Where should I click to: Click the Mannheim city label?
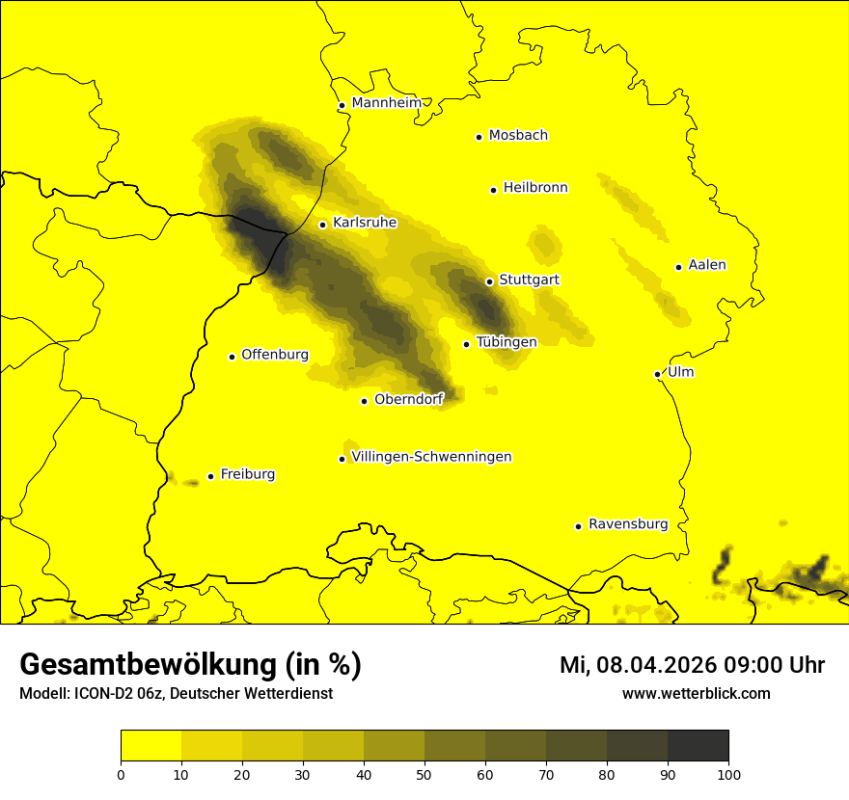(387, 102)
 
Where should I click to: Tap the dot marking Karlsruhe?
(322, 225)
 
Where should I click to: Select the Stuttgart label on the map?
(529, 280)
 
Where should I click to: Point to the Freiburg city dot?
(210, 476)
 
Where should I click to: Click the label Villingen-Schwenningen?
(431, 457)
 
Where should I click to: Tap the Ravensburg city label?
(628, 524)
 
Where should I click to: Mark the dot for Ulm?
(657, 374)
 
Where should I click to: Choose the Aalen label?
(707, 265)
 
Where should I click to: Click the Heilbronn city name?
(535, 188)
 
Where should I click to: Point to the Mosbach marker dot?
(479, 137)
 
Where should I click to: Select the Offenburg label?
(275, 355)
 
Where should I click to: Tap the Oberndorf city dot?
(364, 401)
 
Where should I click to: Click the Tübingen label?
(507, 342)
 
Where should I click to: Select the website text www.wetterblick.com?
(697, 694)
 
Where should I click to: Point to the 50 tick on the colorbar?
(424, 773)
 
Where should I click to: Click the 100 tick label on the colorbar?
(728, 773)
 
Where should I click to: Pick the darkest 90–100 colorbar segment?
(698, 746)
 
